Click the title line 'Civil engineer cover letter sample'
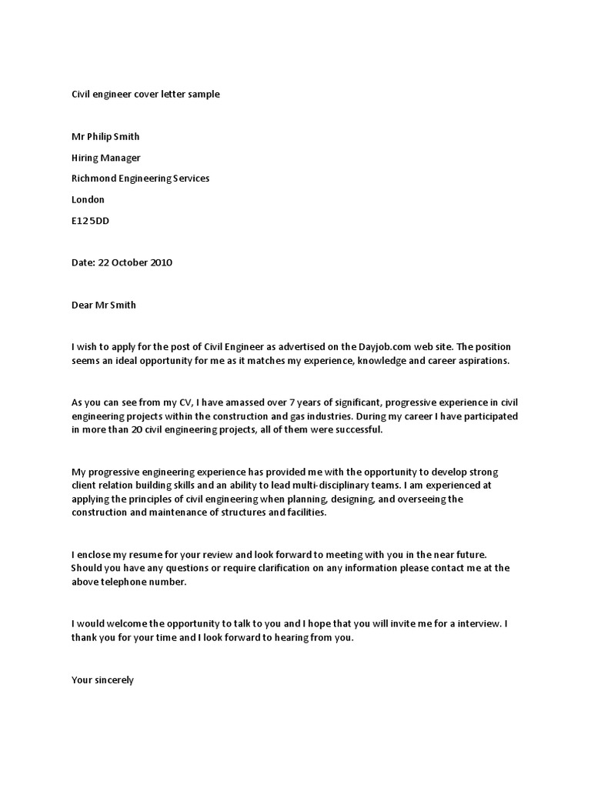pos(145,94)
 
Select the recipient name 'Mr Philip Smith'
pos(105,136)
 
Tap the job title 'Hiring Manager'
pos(105,158)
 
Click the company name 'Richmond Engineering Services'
pos(140,179)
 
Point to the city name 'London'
pos(88,199)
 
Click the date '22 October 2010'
pos(135,262)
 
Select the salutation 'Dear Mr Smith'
pos(103,305)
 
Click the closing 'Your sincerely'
pos(102,680)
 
